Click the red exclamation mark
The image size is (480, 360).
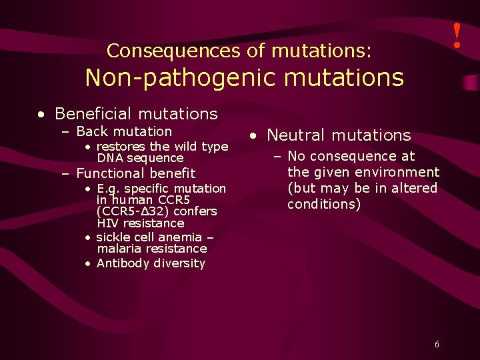coord(457,35)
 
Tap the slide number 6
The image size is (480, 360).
coord(437,345)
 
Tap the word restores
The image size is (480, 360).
coord(121,146)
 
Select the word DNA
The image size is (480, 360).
coord(110,158)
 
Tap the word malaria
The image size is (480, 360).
coord(119,249)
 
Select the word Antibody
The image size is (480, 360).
coord(121,263)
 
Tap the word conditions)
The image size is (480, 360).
coord(325,204)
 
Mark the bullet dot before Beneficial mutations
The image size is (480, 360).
coord(42,115)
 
